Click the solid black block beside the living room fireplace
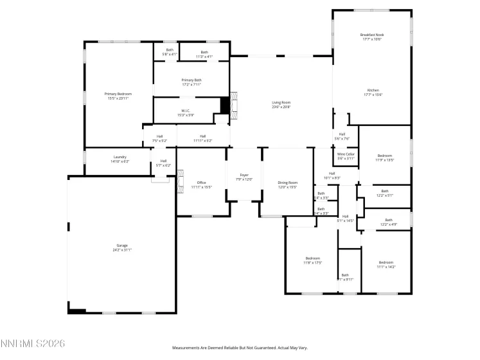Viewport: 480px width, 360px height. tap(224, 105)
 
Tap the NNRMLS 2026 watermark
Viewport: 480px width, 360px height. tap(33, 345)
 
